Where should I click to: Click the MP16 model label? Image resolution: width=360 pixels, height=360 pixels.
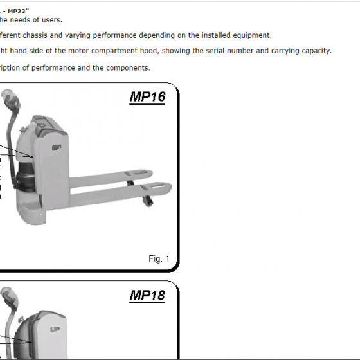click(147, 98)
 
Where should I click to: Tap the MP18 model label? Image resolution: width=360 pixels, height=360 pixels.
click(147, 296)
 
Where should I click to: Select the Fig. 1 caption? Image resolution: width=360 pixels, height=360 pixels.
click(159, 258)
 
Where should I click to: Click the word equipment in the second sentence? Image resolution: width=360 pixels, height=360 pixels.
click(251, 35)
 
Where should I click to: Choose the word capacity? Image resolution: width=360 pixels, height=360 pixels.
click(314, 51)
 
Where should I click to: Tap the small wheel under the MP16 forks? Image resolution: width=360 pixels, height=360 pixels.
click(149, 200)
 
